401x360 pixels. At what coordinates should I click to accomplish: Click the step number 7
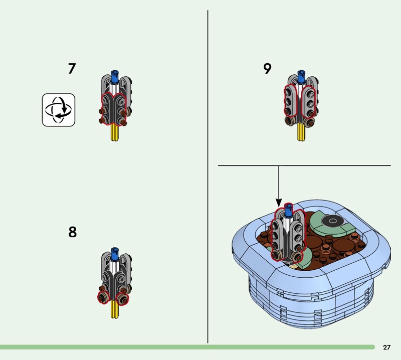pos(72,69)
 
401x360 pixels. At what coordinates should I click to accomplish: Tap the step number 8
pos(72,232)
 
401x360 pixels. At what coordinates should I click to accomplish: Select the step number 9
pos(267,68)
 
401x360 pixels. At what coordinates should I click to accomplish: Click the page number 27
pos(386,347)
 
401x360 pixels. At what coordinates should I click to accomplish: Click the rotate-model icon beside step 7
pos(59,110)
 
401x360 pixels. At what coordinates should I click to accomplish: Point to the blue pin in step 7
pos(115,77)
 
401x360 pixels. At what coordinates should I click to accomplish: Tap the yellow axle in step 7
pos(115,133)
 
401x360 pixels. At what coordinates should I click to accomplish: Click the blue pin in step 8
pos(115,254)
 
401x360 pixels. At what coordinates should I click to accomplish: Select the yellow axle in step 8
pos(115,309)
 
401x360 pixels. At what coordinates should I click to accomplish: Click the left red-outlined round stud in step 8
pos(103,298)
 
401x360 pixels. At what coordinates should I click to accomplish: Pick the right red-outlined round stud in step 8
pos(122,299)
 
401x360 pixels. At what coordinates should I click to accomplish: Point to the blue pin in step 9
pos(301,77)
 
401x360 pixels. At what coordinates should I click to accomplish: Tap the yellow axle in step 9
pos(301,132)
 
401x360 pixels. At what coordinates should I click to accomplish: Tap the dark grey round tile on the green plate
pos(332,221)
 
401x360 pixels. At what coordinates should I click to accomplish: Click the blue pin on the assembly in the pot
pos(289,210)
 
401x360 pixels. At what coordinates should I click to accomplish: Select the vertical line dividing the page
pos(208,176)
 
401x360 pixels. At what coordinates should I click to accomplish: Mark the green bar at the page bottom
pos(187,347)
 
